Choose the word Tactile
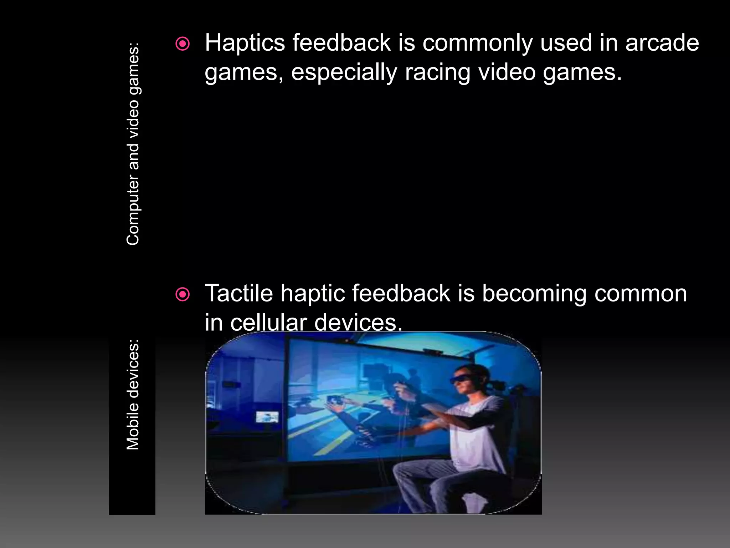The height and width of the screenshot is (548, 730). point(239,294)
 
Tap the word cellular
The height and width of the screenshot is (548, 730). point(268,323)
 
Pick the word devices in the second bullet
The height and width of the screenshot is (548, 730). point(358,323)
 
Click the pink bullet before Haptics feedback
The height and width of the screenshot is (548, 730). point(183,44)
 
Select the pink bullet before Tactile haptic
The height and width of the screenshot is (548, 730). point(183,295)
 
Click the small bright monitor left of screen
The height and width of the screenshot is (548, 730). point(267,417)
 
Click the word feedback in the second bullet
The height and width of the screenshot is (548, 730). point(401,294)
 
